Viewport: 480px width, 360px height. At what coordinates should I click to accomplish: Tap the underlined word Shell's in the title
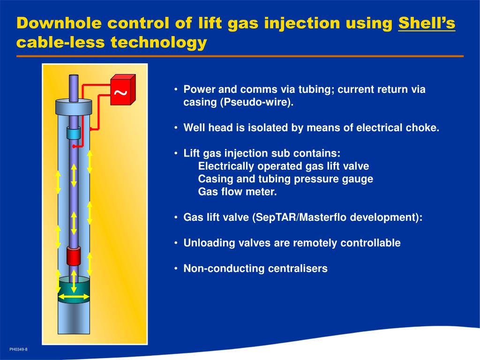point(427,23)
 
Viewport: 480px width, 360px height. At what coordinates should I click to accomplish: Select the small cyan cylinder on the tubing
point(74,133)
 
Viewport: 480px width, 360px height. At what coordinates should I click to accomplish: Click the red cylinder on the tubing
point(74,256)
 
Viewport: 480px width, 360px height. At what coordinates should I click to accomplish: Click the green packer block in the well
point(74,288)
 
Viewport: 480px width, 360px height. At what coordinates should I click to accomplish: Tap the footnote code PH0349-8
point(18,349)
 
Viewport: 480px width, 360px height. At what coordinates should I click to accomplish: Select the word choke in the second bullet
point(424,128)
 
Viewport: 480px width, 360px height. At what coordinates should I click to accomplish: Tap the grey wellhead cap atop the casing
point(73,107)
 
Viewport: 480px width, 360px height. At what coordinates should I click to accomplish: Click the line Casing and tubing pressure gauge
point(285,179)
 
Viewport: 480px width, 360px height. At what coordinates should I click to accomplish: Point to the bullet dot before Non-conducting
point(175,269)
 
